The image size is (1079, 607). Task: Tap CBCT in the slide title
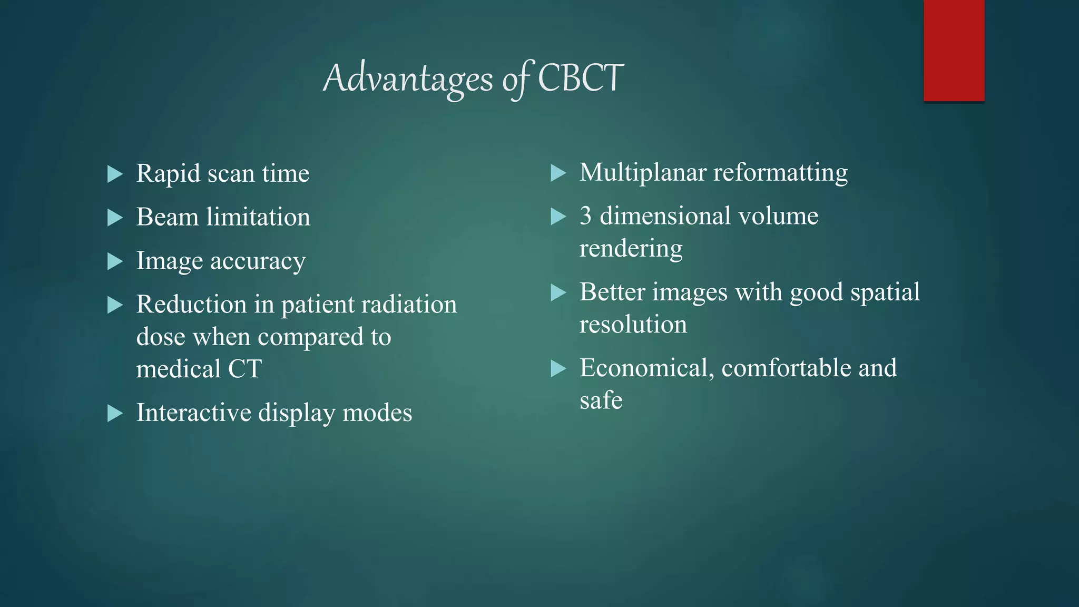pyautogui.click(x=581, y=78)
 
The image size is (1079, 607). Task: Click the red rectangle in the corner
pyautogui.click(x=954, y=51)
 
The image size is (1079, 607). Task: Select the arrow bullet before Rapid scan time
pyautogui.click(x=115, y=174)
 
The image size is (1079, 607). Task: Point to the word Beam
pyautogui.click(x=167, y=217)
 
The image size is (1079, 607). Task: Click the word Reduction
pyautogui.click(x=191, y=305)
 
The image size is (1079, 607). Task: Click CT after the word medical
pyautogui.click(x=244, y=369)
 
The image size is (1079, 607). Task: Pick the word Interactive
pyautogui.click(x=193, y=413)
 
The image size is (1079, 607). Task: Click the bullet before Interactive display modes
pyautogui.click(x=115, y=413)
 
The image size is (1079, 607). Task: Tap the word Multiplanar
pyautogui.click(x=642, y=173)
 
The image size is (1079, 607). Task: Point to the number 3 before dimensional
pyautogui.click(x=585, y=216)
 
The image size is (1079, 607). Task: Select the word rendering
pyautogui.click(x=631, y=248)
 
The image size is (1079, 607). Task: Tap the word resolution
pyautogui.click(x=633, y=325)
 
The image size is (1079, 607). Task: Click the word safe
pyautogui.click(x=601, y=400)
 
